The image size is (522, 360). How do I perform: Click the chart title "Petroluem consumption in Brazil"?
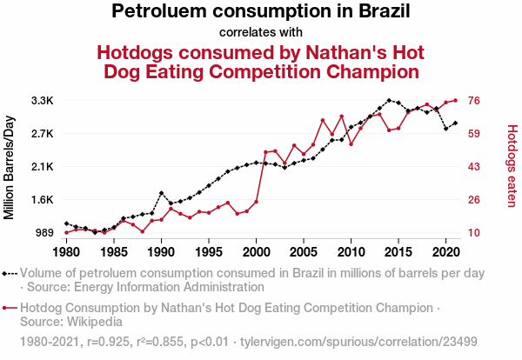point(261,12)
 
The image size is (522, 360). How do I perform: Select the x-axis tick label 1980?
point(66,252)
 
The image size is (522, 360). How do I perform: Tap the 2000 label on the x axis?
point(256,252)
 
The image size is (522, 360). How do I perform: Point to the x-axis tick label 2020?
point(445,252)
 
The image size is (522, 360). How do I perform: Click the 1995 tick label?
point(208,252)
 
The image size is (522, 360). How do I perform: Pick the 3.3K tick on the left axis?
point(43,101)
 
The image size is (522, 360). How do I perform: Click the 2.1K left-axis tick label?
point(43,167)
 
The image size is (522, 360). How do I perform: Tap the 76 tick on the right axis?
point(476,101)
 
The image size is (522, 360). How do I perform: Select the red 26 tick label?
point(476,200)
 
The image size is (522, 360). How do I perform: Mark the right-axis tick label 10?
point(476,233)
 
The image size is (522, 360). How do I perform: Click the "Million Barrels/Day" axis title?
point(10,167)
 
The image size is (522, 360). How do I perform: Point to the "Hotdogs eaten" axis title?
point(512,167)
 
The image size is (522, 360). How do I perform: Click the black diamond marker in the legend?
point(10,273)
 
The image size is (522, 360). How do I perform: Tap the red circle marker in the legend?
point(10,308)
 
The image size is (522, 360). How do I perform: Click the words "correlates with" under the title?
point(261,32)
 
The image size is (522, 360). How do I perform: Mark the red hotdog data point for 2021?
point(455,101)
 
